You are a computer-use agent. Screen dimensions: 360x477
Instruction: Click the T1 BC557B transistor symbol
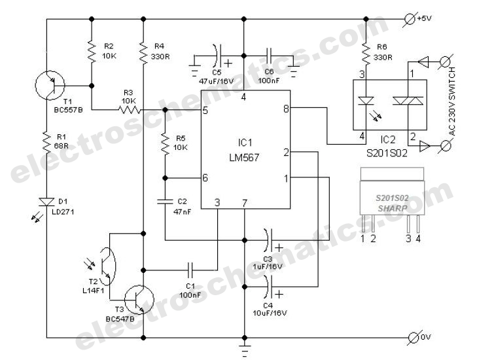[50, 84]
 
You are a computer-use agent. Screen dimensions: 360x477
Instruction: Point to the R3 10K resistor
[128, 109]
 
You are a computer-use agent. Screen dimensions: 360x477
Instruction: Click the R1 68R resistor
[48, 141]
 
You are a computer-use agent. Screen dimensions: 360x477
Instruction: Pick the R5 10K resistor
[164, 144]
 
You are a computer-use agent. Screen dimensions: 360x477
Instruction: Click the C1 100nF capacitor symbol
[190, 268]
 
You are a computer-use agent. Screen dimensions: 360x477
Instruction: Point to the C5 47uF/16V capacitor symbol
[218, 54]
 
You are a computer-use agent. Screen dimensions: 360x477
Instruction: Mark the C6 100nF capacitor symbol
[269, 54]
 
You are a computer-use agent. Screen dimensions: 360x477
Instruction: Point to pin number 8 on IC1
[286, 109]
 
